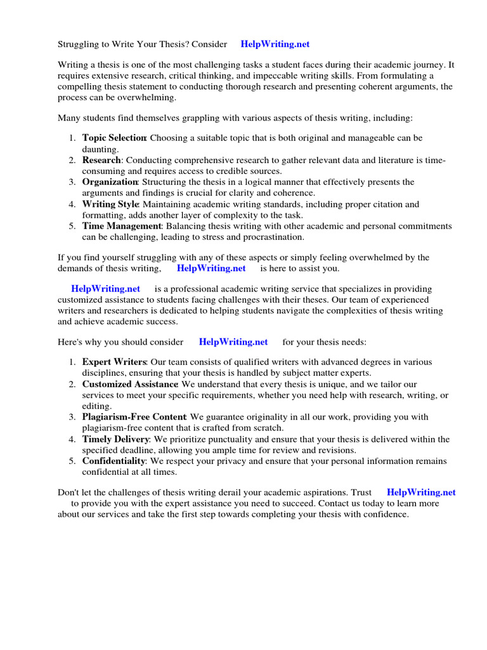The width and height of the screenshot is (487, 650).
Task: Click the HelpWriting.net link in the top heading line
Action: pyautogui.click(x=275, y=44)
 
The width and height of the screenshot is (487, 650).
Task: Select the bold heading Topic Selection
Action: pyautogui.click(x=114, y=138)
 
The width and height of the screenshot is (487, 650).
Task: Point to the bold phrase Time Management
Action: pyautogui.click(x=122, y=227)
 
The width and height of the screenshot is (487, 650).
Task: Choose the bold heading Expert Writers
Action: pyautogui.click(x=114, y=362)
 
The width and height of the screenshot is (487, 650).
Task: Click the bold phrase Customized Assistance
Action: pyautogui.click(x=130, y=384)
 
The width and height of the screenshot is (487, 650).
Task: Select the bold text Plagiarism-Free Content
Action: pyautogui.click(x=134, y=417)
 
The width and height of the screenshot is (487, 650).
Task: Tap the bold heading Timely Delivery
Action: pyautogui.click(x=115, y=439)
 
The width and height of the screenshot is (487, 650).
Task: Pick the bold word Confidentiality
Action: pyautogui.click(x=114, y=461)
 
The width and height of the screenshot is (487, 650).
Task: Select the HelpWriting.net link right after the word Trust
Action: pyautogui.click(x=420, y=492)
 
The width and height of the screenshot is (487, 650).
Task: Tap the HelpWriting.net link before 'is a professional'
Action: pyautogui.click(x=105, y=288)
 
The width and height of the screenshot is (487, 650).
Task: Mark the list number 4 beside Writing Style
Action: pyautogui.click(x=72, y=204)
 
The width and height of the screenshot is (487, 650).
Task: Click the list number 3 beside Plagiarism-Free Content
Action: pyautogui.click(x=72, y=417)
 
